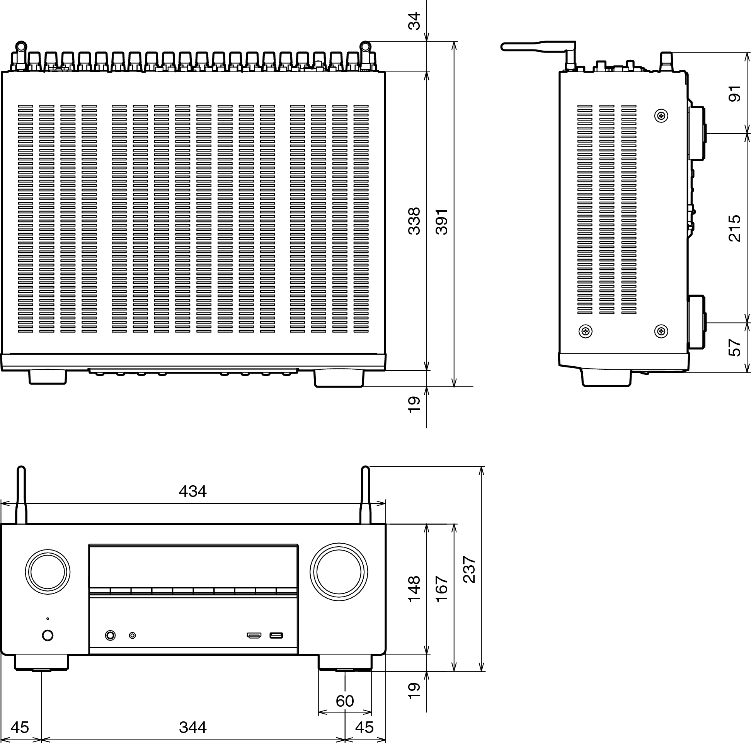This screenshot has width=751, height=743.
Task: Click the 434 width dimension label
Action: click(192, 491)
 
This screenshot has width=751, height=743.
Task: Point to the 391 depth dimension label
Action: click(442, 222)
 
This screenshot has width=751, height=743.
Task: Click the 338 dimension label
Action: click(414, 221)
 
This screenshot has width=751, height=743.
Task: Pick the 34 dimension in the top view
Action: click(414, 21)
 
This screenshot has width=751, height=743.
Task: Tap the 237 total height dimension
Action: click(470, 570)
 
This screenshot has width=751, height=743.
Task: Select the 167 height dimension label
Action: click(442, 589)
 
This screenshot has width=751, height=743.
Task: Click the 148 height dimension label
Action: click(414, 589)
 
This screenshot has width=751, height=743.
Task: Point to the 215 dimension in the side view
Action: click(734, 228)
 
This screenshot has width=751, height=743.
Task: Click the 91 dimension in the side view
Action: click(734, 94)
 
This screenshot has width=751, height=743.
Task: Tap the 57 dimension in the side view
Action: click(734, 347)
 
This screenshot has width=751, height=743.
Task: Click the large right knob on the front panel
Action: click(339, 572)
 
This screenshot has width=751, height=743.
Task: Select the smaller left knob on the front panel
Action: click(48, 572)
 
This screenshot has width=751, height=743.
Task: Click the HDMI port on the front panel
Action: click(254, 636)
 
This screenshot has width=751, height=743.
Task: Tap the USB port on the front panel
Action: click(276, 636)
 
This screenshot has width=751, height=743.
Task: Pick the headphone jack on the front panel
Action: click(111, 636)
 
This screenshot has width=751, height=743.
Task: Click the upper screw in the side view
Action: click(661, 116)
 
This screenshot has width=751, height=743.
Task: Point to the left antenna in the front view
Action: click(21, 495)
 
